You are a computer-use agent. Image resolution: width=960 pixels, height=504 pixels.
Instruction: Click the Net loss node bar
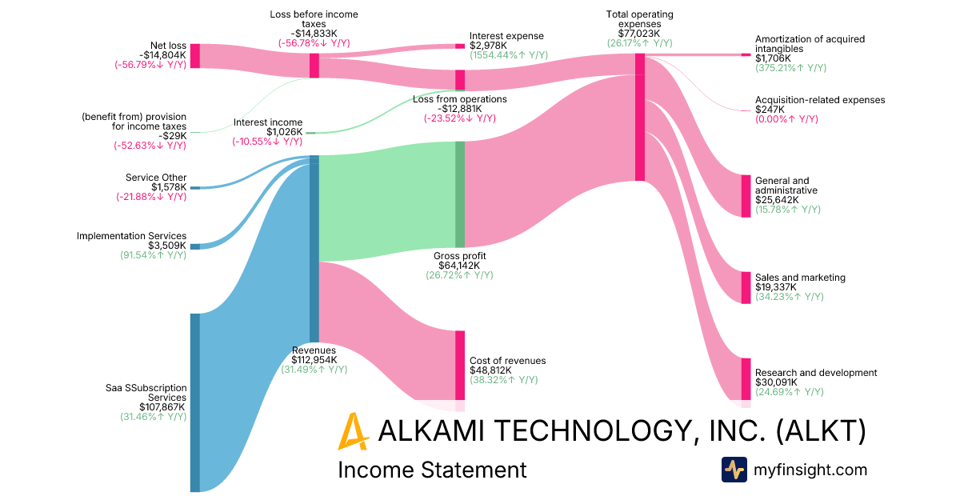tap(194, 56)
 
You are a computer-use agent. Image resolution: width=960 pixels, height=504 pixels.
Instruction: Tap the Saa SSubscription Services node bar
tap(194, 402)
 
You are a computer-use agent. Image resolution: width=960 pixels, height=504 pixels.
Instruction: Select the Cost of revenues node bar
tap(460, 365)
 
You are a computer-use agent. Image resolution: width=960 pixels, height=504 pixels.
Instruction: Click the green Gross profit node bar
tap(460, 194)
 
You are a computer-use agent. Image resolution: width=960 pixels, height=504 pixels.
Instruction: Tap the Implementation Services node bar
tap(194, 246)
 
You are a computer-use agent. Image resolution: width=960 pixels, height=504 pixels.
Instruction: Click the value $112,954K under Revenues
tap(314, 360)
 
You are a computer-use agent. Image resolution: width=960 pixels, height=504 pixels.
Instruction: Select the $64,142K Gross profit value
tap(459, 266)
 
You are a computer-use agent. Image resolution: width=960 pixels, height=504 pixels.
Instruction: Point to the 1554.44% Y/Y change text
tap(509, 55)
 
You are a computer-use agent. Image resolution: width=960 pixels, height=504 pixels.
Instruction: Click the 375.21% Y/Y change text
tap(790, 69)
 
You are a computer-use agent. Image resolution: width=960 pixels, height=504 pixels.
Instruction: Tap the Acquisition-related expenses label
tap(820, 100)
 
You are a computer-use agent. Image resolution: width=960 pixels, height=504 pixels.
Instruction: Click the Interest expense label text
tap(506, 36)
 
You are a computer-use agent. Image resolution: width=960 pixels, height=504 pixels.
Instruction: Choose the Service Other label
tap(156, 178)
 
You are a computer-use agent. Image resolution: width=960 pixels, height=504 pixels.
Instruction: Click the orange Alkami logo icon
tap(353, 432)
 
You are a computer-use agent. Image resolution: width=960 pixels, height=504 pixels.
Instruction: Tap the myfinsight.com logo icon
tap(734, 470)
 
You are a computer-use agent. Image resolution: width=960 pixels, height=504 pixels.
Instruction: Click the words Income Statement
tap(433, 470)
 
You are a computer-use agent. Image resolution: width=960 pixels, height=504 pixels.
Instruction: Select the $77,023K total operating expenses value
tap(640, 34)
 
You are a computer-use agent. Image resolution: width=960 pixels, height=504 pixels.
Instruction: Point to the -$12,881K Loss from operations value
tap(460, 109)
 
